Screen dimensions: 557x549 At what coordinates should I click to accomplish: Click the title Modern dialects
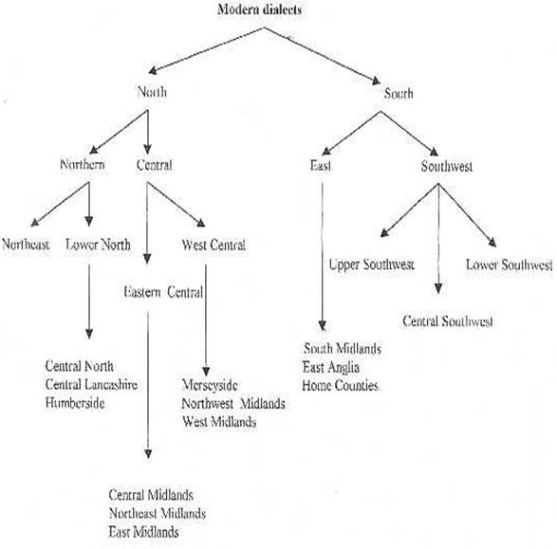click(x=259, y=9)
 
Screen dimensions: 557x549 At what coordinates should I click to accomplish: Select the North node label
click(x=152, y=92)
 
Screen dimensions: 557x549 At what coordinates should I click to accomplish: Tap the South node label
click(x=399, y=93)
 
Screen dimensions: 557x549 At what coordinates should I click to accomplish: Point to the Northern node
click(x=83, y=164)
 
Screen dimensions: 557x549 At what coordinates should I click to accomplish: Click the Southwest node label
click(x=447, y=166)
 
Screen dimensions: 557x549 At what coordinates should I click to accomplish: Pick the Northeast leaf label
click(x=26, y=244)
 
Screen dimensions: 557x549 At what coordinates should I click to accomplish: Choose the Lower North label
click(x=98, y=245)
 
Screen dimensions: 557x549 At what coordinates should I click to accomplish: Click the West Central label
click(x=214, y=245)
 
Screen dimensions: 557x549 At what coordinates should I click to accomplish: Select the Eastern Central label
click(x=163, y=292)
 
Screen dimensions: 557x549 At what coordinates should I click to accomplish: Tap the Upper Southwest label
click(x=372, y=265)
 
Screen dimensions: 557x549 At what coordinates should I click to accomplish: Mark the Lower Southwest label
click(x=509, y=265)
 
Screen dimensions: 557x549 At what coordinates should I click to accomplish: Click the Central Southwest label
click(x=448, y=321)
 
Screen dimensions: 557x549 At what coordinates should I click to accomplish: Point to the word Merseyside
click(x=210, y=385)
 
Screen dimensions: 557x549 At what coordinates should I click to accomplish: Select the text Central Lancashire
click(x=91, y=384)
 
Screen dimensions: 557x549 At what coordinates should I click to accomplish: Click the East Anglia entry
click(x=331, y=368)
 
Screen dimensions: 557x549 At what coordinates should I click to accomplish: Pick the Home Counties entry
click(x=340, y=385)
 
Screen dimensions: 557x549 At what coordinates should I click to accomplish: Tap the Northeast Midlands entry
click(x=158, y=513)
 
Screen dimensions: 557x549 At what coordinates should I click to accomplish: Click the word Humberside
click(x=75, y=403)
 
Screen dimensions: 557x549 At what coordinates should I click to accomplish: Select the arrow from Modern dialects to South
click(x=323, y=56)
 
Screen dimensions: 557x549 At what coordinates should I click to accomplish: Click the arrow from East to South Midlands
click(x=323, y=257)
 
